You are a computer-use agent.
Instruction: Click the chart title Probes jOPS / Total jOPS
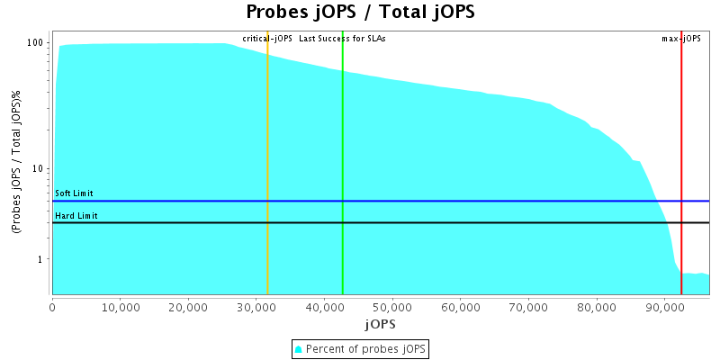click(x=360, y=13)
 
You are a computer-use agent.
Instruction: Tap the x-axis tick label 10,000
click(x=120, y=307)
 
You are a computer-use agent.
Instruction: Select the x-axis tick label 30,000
click(x=256, y=307)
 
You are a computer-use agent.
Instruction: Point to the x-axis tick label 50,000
click(x=391, y=307)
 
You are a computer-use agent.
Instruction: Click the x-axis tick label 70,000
click(x=527, y=307)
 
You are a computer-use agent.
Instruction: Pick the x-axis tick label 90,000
click(x=663, y=307)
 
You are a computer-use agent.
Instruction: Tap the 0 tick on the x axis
click(x=52, y=307)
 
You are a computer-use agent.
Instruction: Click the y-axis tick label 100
click(x=36, y=43)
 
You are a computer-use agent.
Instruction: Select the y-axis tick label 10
click(x=39, y=169)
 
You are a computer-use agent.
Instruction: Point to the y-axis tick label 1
click(x=41, y=259)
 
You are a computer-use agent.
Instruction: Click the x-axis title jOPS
click(x=379, y=323)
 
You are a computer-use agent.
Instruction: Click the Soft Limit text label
click(x=74, y=193)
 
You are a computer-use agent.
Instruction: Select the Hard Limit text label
click(x=76, y=216)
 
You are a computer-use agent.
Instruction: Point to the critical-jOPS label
click(x=268, y=39)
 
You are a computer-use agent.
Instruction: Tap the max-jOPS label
click(x=681, y=39)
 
